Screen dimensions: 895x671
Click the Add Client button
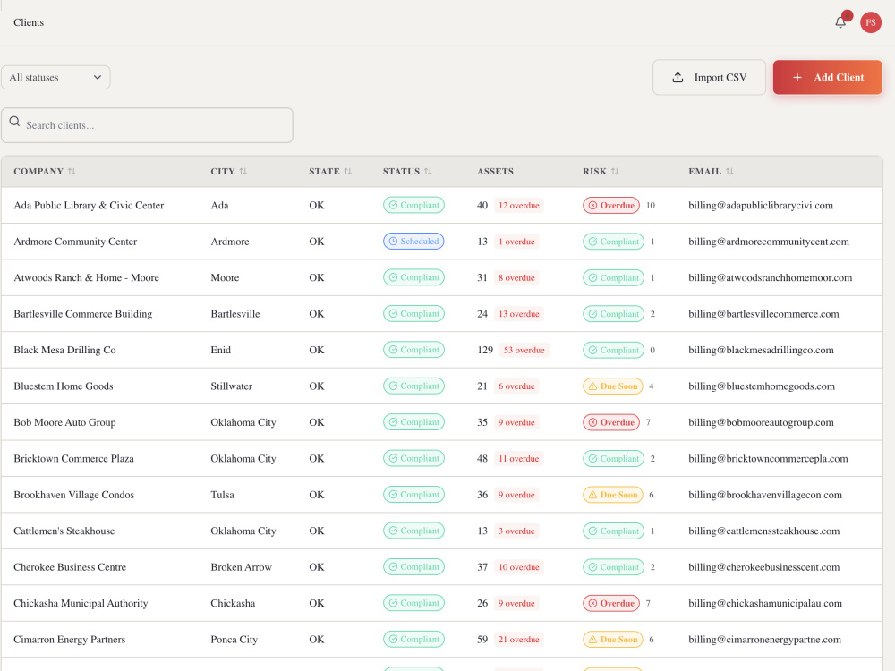pos(827,77)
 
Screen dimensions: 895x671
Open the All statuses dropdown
pos(55,77)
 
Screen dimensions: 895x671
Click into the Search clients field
pos(148,125)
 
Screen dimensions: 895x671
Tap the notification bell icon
pos(840,22)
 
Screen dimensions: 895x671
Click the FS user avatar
pos(871,22)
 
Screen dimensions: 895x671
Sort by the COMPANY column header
pos(38,171)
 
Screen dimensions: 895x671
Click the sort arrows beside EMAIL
pos(729,171)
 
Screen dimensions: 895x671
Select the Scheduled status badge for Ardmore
pos(413,242)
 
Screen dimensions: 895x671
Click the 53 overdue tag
pos(524,350)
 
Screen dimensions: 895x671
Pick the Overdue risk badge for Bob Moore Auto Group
pos(610,422)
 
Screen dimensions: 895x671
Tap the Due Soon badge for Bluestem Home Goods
pos(612,386)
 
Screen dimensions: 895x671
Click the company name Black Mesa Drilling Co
pos(64,350)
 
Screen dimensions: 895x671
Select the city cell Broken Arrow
pos(241,567)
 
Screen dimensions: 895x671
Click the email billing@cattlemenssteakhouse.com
pos(763,531)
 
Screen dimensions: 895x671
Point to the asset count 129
pos(484,350)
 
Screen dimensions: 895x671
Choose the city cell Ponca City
pos(234,640)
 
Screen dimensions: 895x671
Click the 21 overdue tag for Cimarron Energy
pos(518,640)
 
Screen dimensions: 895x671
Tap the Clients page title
pos(29,22)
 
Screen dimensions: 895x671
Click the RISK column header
pos(594,171)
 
